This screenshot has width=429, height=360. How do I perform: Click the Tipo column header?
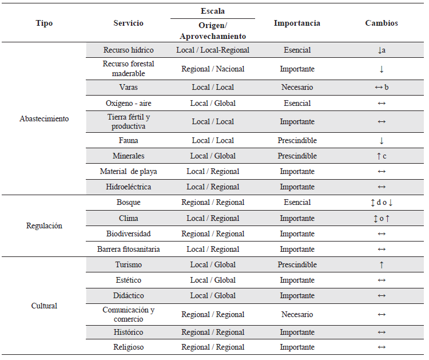(x=44, y=23)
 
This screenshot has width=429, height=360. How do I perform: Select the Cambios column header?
(x=382, y=23)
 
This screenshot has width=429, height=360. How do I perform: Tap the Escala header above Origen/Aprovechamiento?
(x=213, y=11)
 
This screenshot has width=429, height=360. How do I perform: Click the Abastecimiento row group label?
(x=44, y=118)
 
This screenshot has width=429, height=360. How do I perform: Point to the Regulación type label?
(x=44, y=226)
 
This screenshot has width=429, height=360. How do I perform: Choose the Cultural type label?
(x=44, y=306)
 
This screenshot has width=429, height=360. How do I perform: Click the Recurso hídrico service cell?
(x=128, y=50)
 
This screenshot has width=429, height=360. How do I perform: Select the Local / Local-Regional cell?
(x=213, y=50)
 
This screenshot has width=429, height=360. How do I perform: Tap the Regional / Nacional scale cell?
(x=213, y=69)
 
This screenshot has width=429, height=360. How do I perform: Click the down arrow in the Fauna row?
(x=382, y=140)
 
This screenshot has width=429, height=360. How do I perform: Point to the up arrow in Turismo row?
(x=382, y=265)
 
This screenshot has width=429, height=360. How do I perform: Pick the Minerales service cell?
(x=128, y=156)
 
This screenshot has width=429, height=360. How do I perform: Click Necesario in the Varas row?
(x=297, y=87)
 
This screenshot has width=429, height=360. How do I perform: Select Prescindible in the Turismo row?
(x=297, y=264)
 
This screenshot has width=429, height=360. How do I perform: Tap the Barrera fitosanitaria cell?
(x=128, y=249)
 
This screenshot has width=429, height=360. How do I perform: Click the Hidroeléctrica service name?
(x=128, y=187)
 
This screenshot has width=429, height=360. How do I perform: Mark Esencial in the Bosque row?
(x=297, y=202)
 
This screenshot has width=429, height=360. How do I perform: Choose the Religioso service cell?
(x=128, y=347)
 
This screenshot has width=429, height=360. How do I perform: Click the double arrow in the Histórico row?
(x=382, y=333)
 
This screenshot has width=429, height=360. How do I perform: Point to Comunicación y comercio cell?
(x=128, y=314)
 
